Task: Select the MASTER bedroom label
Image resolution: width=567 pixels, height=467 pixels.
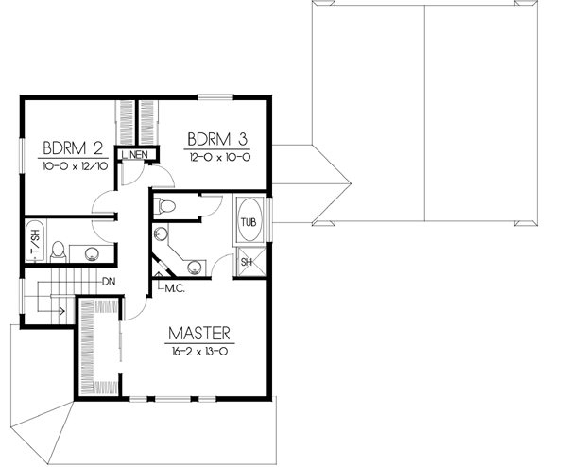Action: tap(200, 334)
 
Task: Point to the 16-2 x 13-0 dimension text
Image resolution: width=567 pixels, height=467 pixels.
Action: tap(200, 350)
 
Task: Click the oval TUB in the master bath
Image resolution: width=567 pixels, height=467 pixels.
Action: tap(249, 221)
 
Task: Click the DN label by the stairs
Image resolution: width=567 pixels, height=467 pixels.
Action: tap(108, 281)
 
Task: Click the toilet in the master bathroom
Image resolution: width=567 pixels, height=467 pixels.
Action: tap(166, 205)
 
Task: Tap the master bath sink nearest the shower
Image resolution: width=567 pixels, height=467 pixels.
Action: tap(194, 267)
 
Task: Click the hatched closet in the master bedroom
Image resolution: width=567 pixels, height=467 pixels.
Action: tap(98, 348)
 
